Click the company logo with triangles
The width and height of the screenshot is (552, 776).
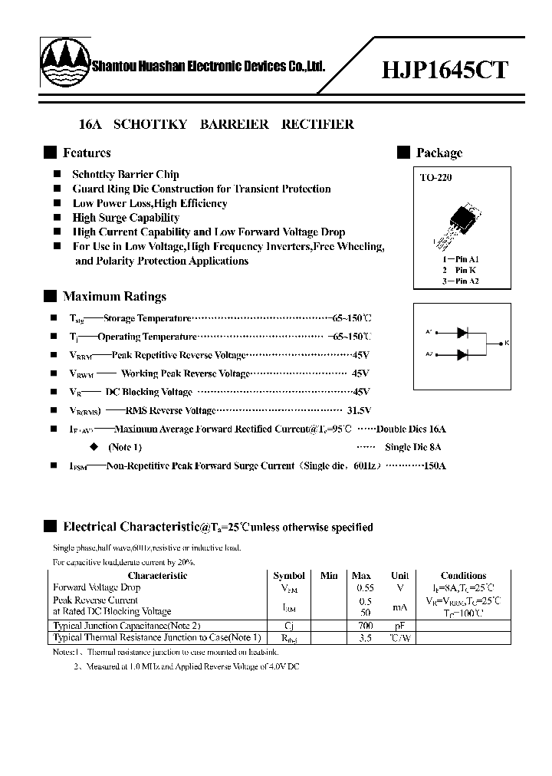64,66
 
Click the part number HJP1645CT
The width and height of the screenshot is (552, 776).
445,70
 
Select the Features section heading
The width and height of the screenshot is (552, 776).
87,153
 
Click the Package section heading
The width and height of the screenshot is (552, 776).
439,153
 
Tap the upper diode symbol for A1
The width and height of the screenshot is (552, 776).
462,332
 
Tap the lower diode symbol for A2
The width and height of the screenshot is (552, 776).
462,354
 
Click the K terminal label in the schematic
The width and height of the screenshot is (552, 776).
507,344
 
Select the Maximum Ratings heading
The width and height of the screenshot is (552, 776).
114,297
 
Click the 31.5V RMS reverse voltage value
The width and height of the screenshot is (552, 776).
358,410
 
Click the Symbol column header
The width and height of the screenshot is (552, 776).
288,575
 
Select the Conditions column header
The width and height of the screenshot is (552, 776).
463,575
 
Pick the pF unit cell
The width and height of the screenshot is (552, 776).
399,626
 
